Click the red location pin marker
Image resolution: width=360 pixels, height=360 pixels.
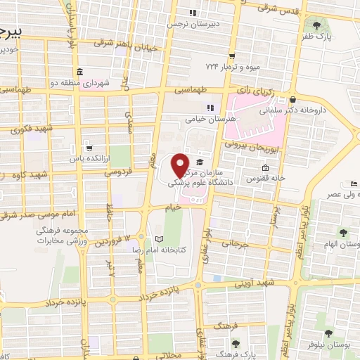click(181, 165)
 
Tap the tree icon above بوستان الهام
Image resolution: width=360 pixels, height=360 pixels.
click(343, 233)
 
